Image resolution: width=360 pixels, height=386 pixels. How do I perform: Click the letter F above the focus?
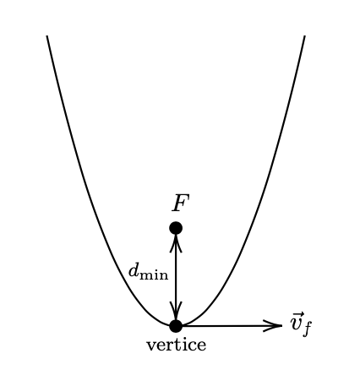pos(181,203)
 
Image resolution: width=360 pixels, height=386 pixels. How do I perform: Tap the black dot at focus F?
pos(176,228)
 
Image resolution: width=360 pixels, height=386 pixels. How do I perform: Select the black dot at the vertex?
pos(176,326)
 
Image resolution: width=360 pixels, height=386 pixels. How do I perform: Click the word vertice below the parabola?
pos(176,345)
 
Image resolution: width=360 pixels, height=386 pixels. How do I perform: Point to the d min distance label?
pos(148,273)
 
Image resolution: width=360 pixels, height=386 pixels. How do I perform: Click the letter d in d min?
pos(134,271)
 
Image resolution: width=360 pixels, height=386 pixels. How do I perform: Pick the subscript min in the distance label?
pos(154,275)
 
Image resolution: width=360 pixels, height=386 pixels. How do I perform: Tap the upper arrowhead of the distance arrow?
pos(176,243)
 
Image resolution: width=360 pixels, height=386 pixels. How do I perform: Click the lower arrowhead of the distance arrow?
pos(176,311)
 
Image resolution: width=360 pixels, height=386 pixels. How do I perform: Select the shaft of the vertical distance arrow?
pos(176,277)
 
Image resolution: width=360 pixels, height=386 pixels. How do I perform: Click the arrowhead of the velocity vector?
pos(273,326)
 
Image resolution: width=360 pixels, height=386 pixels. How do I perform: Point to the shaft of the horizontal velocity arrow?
pos(232,326)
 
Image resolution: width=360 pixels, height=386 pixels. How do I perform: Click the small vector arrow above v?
pos(297,314)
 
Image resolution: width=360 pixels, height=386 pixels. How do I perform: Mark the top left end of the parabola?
pos(47,35)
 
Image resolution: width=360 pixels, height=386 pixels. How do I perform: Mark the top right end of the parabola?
pos(304,35)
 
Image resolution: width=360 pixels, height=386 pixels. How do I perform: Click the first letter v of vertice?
pos(151,345)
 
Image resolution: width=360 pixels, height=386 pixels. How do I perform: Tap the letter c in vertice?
pos(192,346)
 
